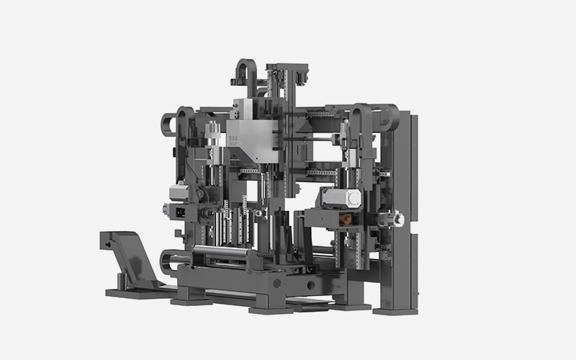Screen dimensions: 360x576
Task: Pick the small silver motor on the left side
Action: [179, 192]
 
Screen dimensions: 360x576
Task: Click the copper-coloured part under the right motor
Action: [347, 217]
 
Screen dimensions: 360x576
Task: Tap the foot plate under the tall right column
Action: [395, 311]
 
